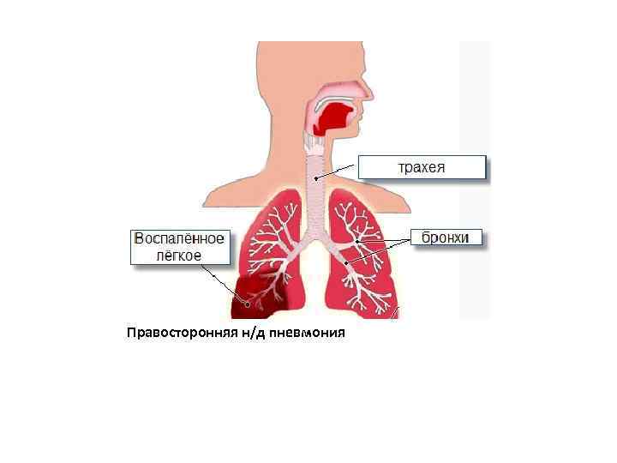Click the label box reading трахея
(422, 166)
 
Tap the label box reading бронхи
(446, 238)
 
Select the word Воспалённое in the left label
(179, 238)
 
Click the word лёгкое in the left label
(179, 256)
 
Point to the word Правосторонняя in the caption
(177, 332)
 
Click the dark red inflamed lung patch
(257, 297)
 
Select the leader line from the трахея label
(338, 171)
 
